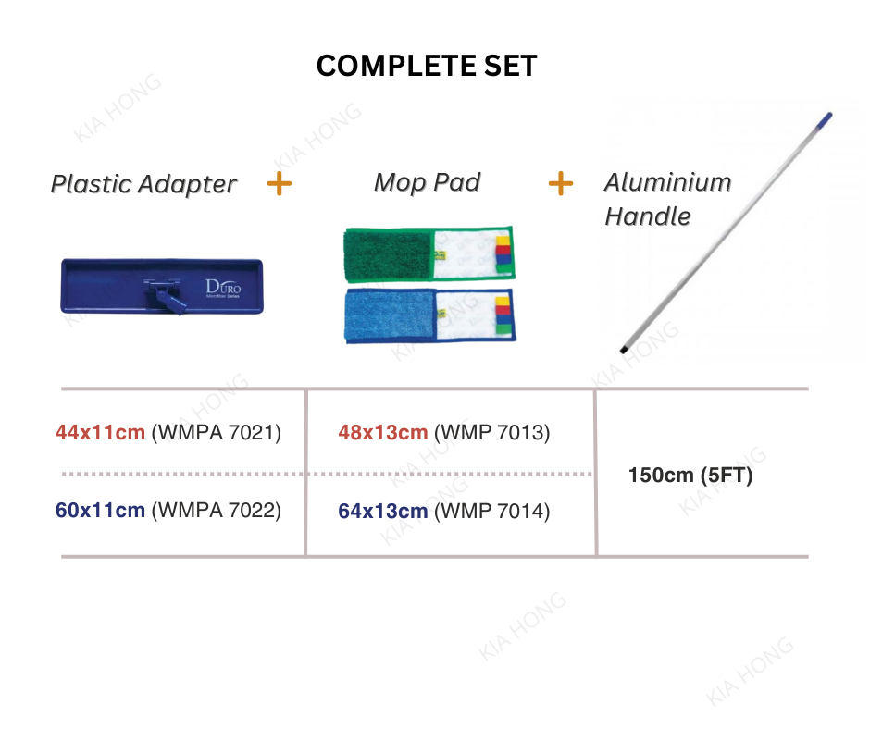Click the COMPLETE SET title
427,66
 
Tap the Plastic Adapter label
143,184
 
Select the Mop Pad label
428,182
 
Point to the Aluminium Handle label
668,199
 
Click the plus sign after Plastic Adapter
280,183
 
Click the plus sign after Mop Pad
560,183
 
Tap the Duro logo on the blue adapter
223,288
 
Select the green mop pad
429,253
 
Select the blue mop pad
430,315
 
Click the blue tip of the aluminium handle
826,118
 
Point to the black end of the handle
624,350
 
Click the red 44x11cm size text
101,432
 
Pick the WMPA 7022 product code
217,511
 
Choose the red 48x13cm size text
383,433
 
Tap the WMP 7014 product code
492,511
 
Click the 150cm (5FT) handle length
690,476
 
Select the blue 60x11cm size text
101,511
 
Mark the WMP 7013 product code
492,433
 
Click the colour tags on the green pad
503,253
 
